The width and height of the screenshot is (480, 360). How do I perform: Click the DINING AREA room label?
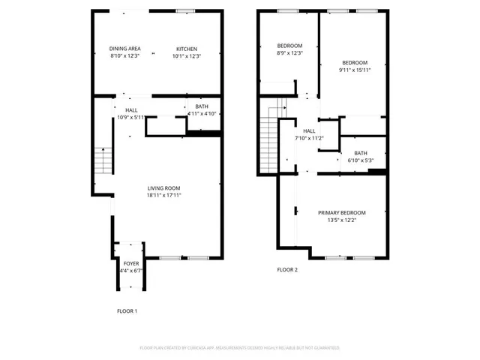(125, 49)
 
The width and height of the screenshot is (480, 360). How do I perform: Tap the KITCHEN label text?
(187, 49)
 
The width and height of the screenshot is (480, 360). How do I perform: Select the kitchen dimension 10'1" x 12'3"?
(187, 56)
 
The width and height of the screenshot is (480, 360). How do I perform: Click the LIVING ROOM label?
(163, 187)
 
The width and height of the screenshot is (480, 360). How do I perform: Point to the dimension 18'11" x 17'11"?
(163, 195)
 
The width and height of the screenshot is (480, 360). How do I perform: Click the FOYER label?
(130, 263)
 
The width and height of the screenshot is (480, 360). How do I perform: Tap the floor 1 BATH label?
(202, 106)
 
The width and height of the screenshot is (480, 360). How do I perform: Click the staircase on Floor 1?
(102, 161)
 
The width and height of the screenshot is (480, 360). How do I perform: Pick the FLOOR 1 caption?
(127, 310)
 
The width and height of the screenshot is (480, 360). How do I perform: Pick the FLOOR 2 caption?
(287, 269)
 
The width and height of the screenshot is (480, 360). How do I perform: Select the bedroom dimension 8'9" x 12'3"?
(289, 52)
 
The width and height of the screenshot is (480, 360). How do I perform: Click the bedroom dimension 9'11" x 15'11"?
(355, 70)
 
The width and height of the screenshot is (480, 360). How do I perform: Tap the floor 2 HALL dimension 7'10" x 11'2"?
(308, 138)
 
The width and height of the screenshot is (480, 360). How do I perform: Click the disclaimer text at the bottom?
(240, 348)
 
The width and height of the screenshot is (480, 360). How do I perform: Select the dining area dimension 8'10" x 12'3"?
(125, 56)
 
